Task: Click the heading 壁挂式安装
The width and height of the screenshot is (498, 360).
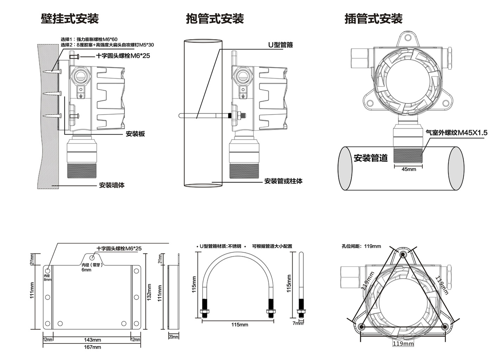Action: [70, 19]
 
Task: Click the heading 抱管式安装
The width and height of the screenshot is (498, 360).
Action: [215, 19]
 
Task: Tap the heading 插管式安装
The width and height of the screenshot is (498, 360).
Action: [373, 19]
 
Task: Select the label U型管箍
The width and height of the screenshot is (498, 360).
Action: [280, 45]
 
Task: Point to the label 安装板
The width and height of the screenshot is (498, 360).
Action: [135, 134]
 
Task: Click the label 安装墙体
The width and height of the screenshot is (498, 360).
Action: [112, 185]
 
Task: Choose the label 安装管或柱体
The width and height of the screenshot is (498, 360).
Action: [283, 181]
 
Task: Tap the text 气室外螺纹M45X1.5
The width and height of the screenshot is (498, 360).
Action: [457, 133]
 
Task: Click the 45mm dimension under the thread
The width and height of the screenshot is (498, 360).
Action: [409, 169]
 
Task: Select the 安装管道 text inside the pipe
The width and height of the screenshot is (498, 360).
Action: [370, 158]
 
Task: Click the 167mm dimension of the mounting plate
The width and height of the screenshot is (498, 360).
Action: [92, 347]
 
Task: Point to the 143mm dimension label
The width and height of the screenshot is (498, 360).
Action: [92, 340]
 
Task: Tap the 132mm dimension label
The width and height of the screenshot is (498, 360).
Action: [149, 292]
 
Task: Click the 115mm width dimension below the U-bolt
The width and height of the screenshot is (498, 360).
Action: [240, 324]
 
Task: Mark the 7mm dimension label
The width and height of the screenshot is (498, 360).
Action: [298, 323]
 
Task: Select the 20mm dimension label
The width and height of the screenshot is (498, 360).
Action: [174, 337]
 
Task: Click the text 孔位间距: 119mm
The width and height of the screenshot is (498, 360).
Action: [361, 246]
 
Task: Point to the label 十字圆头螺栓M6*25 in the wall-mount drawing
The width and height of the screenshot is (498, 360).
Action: [123, 56]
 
